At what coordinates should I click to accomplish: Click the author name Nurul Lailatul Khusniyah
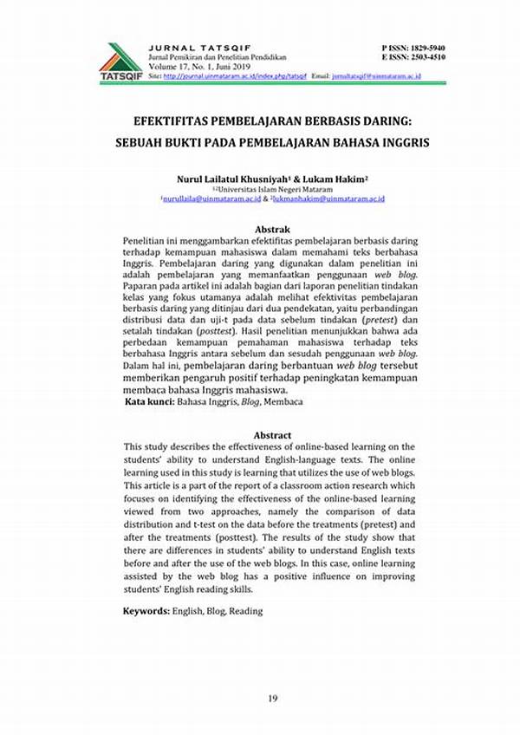[232, 179]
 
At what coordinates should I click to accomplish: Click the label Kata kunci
[148, 402]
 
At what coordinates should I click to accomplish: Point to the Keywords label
[146, 611]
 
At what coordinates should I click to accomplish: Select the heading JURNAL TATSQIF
[185, 47]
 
